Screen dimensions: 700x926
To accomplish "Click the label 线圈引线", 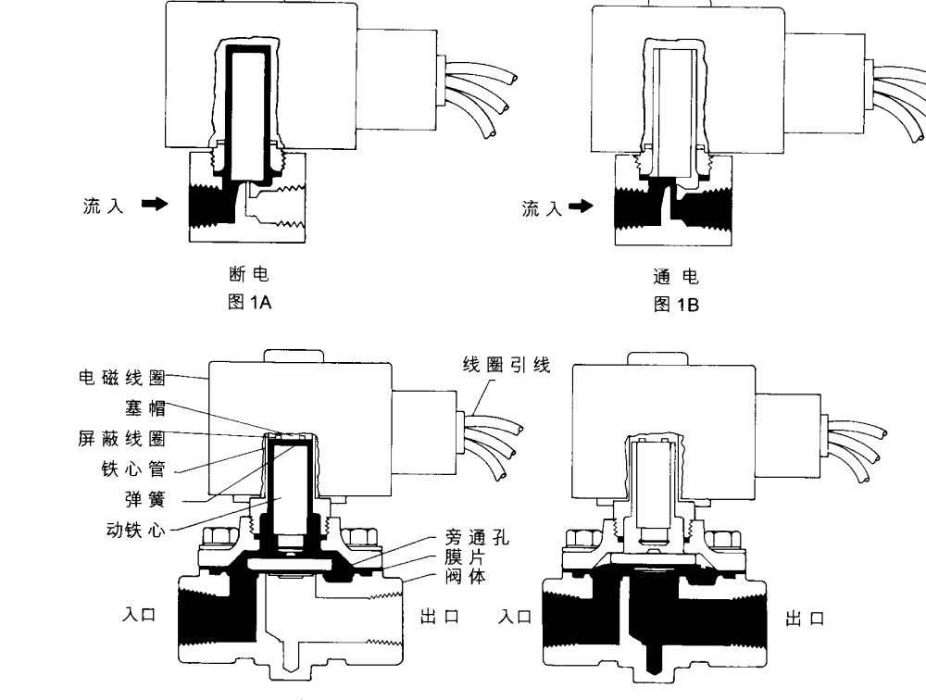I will pyautogui.click(x=507, y=365).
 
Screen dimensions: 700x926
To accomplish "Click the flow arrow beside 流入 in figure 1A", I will pyautogui.click(x=154, y=204).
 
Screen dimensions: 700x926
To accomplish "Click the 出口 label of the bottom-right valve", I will pyautogui.click(x=804, y=618).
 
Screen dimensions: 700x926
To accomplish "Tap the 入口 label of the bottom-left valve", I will pyautogui.click(x=141, y=615).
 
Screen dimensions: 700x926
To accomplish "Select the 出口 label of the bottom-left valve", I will pyautogui.click(x=440, y=617).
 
